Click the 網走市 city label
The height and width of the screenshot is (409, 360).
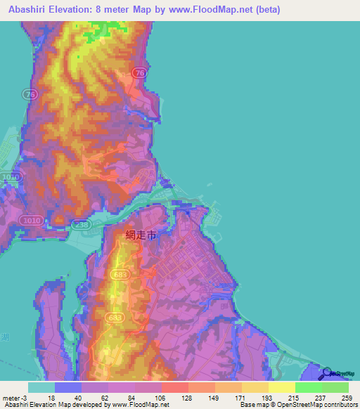click(x=141, y=237)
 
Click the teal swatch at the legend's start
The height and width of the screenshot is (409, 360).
click(x=41, y=388)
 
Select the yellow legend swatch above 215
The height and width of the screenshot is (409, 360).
click(x=282, y=388)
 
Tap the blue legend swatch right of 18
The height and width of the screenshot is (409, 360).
click(x=68, y=388)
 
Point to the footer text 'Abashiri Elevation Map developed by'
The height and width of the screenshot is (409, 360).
click(x=49, y=404)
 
